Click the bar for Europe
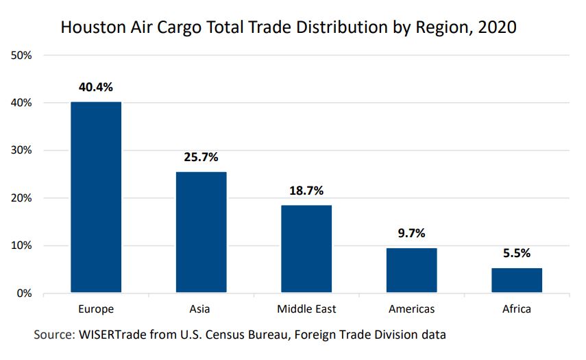click(96, 197)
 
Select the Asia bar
click(201, 232)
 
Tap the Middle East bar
click(306, 249)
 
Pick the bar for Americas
click(411, 270)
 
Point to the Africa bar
click(517, 280)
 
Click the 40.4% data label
click(96, 87)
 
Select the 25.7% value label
click(201, 157)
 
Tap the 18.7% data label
click(306, 190)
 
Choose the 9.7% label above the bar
click(411, 233)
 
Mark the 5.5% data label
click(517, 253)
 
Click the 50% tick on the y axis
click(23, 55)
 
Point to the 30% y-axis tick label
click(23, 150)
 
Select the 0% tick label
click(25, 293)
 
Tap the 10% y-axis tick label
click(23, 245)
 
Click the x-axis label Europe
click(96, 309)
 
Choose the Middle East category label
click(306, 309)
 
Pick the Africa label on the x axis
click(517, 309)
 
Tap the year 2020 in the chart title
click(497, 27)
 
